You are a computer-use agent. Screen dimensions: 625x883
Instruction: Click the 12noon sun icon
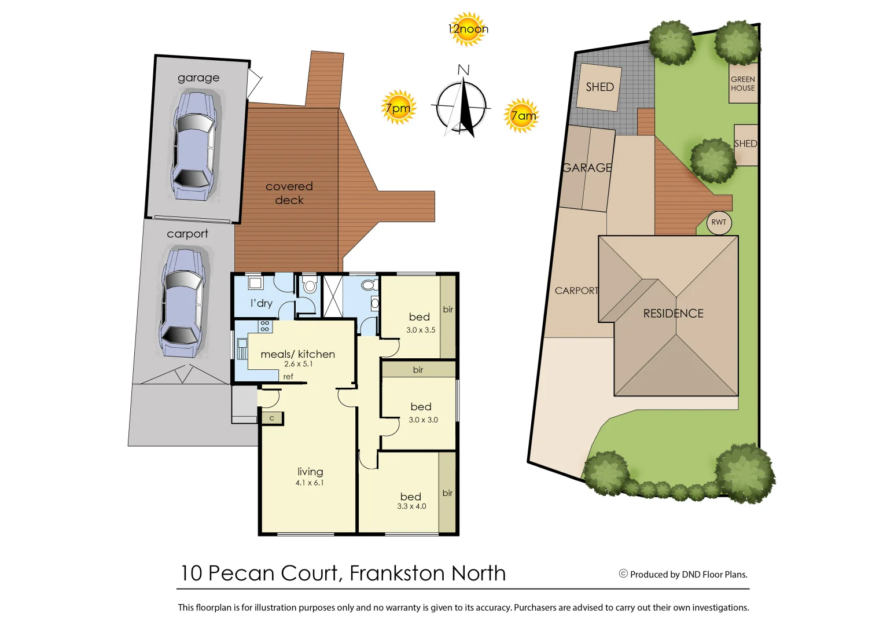[468, 29]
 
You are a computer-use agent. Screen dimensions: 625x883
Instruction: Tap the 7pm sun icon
[398, 108]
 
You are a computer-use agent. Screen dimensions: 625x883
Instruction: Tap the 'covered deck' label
[289, 193]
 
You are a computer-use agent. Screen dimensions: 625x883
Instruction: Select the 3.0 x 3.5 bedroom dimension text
[421, 330]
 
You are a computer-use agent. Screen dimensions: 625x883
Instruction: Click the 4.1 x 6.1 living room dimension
[310, 483]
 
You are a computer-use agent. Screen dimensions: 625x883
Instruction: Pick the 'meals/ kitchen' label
[297, 354]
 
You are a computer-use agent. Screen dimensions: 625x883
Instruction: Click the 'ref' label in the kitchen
[288, 377]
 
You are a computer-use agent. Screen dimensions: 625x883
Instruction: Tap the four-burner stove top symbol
[265, 326]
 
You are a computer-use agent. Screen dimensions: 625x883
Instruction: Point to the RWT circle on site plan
[719, 222]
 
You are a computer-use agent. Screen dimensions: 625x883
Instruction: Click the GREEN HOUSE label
[742, 84]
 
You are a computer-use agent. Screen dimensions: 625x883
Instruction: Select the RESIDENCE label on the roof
[674, 314]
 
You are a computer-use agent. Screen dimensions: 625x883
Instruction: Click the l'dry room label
[261, 303]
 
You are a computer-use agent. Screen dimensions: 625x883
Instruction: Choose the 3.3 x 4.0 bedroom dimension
[411, 506]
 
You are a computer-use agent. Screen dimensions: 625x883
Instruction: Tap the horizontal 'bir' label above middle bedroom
[418, 370]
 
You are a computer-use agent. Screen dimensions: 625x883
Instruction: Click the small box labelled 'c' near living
[271, 418]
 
